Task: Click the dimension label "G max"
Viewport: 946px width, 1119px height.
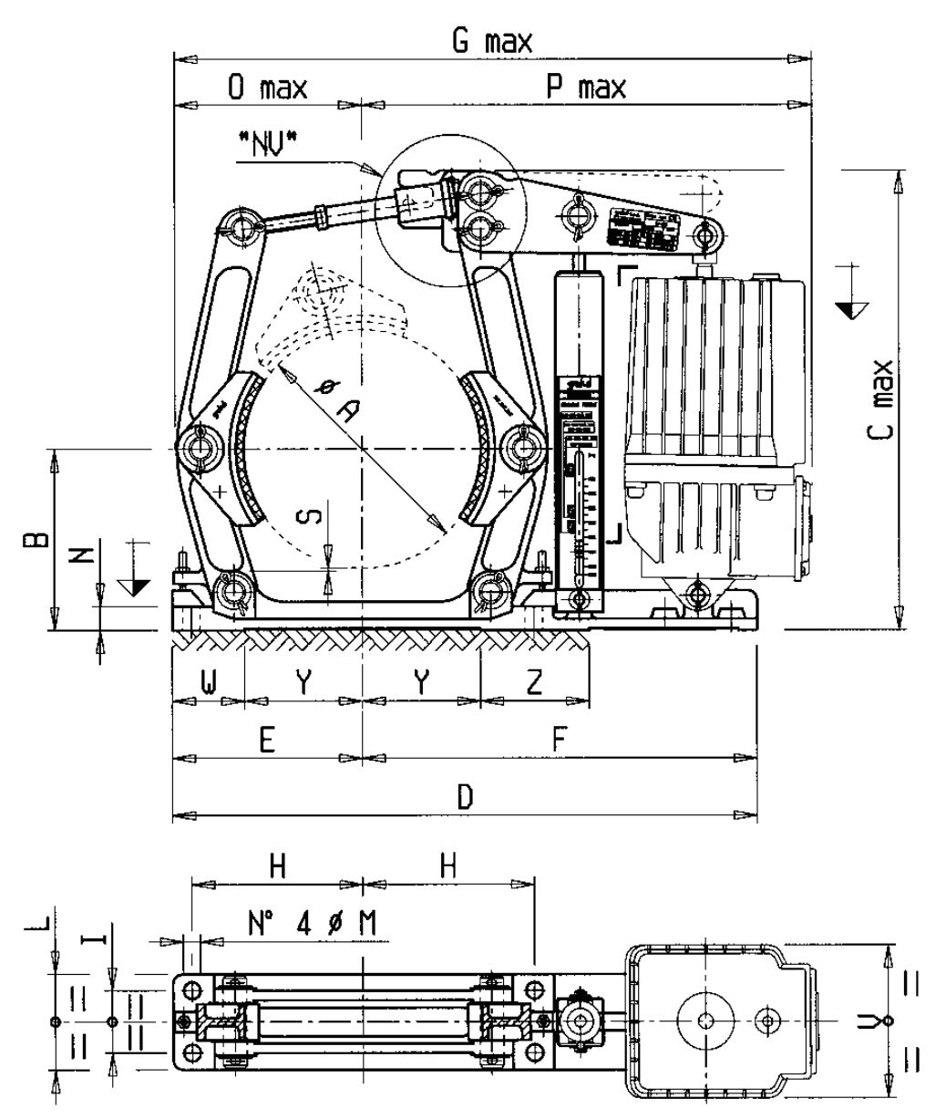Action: [x=496, y=41]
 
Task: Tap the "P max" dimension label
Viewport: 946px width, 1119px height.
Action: [x=586, y=88]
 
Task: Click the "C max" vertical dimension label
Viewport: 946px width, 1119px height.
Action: [x=881, y=399]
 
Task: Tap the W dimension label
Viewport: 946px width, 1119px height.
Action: [x=208, y=683]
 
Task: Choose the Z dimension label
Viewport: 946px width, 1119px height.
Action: [x=535, y=683]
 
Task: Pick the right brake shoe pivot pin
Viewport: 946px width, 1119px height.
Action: [x=523, y=449]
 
